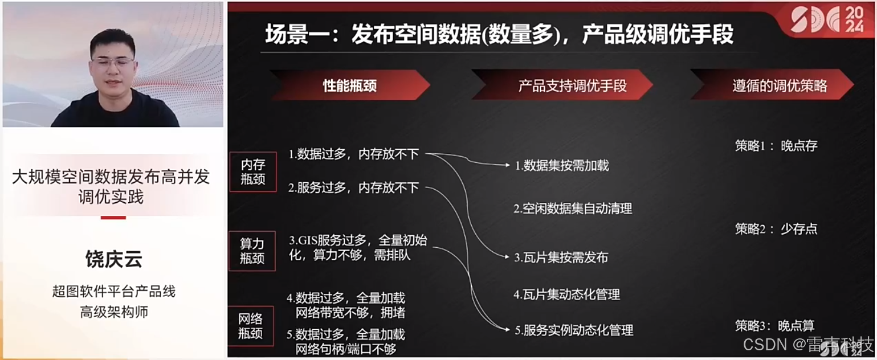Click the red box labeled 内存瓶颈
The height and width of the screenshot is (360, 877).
tap(252, 171)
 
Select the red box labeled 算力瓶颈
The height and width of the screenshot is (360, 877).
tap(251, 251)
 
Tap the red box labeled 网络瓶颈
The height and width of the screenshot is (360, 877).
tap(251, 326)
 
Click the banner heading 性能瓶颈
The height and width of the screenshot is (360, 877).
tap(349, 85)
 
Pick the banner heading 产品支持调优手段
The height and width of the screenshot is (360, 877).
tap(572, 85)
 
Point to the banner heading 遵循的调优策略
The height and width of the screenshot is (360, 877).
tap(779, 85)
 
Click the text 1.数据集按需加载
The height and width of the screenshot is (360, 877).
tap(562, 166)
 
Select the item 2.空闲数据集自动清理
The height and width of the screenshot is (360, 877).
tap(573, 208)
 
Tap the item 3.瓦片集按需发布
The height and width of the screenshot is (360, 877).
tap(561, 257)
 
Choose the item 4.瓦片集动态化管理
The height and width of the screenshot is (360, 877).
tap(566, 294)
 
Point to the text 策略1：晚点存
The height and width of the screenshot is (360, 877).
tap(776, 146)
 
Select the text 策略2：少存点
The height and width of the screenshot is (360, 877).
tap(776, 229)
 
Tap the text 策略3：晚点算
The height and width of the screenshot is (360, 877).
tap(775, 326)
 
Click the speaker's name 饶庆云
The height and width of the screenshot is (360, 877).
tap(113, 259)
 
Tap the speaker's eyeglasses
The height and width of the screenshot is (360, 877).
tap(113, 62)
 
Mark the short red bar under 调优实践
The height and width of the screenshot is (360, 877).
tap(113, 218)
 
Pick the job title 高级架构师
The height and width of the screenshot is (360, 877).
tap(113, 312)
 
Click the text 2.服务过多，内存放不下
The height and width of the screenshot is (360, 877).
tap(354, 187)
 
